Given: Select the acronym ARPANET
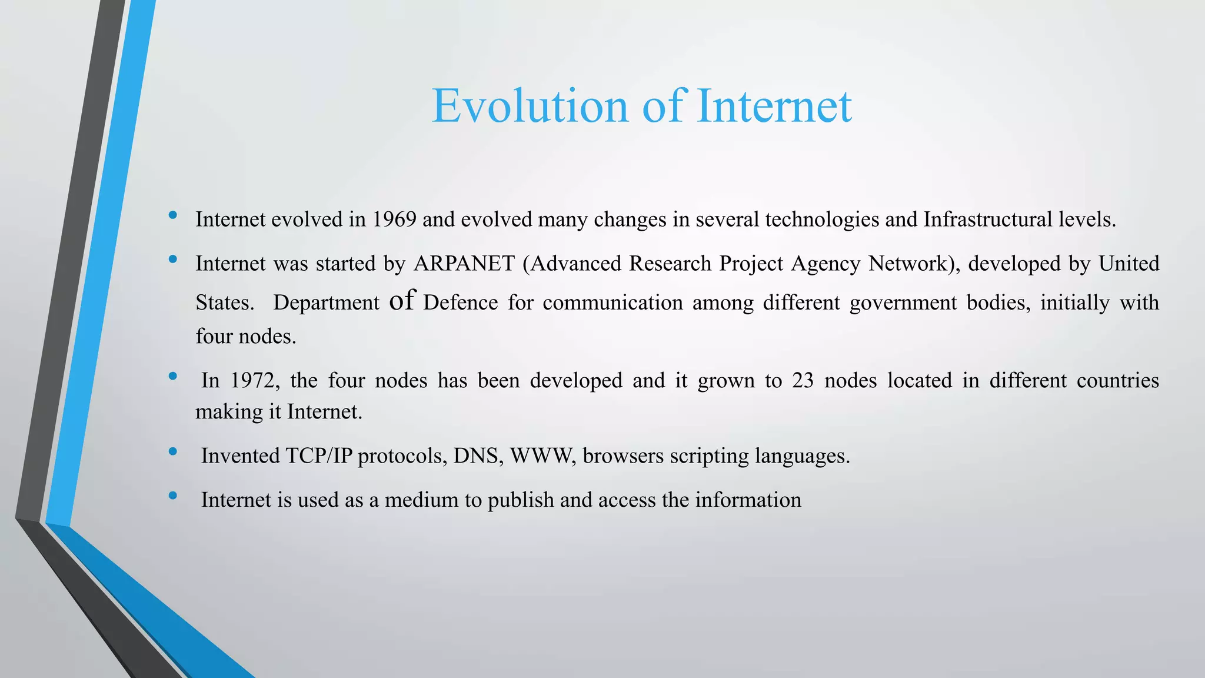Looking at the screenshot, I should coord(464,264).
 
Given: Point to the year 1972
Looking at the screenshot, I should coord(252,381).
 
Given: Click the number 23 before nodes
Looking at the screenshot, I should coord(803,381).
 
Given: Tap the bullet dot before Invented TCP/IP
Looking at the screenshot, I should coord(172,452).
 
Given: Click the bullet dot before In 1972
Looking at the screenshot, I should coord(172,377).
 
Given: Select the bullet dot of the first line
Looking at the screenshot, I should coord(172,215).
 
